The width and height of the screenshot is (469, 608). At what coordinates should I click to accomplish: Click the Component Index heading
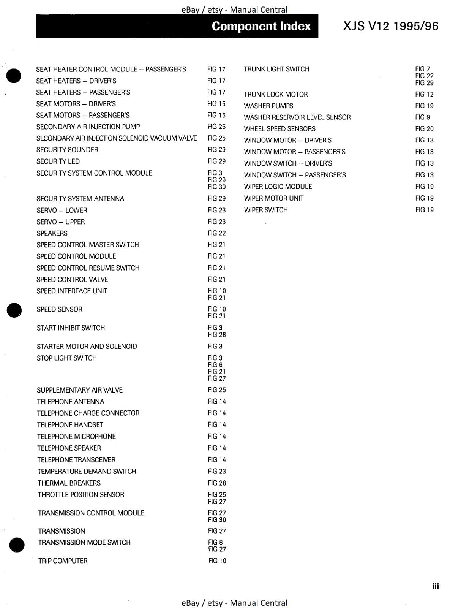click(261, 26)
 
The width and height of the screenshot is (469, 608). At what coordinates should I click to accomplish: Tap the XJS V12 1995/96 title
click(391, 26)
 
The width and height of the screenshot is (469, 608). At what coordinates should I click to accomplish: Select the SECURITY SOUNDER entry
click(67, 150)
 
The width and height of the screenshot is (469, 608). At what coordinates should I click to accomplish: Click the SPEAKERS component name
click(52, 233)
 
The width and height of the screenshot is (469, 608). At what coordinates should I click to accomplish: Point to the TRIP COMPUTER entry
click(63, 560)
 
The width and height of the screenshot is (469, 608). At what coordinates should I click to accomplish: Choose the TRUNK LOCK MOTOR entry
click(276, 94)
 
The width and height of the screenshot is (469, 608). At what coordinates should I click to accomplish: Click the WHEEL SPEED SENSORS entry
click(280, 129)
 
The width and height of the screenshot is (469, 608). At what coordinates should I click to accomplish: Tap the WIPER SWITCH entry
click(266, 210)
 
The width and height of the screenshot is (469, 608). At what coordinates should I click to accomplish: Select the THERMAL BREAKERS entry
click(69, 483)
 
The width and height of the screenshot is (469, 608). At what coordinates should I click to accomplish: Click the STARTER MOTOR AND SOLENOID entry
click(87, 346)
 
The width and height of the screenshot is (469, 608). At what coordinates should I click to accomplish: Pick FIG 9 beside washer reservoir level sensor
click(422, 117)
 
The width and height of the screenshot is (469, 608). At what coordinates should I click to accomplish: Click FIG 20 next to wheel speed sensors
click(424, 129)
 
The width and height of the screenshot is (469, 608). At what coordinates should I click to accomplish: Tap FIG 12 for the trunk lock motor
click(424, 94)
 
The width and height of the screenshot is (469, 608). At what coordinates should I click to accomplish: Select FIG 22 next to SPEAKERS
click(216, 233)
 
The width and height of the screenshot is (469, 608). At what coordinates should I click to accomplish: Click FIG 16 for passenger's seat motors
click(216, 115)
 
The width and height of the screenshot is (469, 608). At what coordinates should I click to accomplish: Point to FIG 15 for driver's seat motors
click(216, 104)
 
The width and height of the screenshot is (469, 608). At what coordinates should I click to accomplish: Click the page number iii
click(435, 586)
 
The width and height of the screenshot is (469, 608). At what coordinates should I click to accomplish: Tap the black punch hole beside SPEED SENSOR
click(14, 310)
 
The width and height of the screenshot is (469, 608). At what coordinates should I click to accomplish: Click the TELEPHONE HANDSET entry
click(70, 424)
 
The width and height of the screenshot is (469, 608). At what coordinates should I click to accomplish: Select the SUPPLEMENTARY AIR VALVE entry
click(80, 390)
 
